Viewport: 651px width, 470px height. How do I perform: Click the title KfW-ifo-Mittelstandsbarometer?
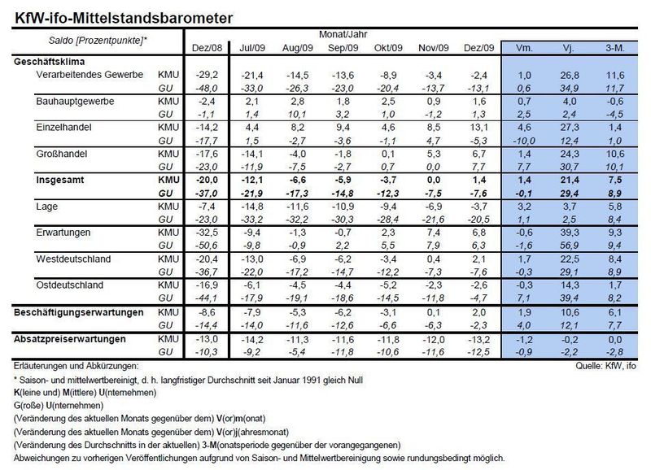pyautogui.click(x=124, y=18)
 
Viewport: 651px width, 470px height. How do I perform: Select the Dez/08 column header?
pyautogui.click(x=207, y=48)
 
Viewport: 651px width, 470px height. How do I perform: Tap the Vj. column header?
pyautogui.click(x=568, y=48)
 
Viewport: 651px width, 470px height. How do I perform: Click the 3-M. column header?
pyautogui.click(x=615, y=48)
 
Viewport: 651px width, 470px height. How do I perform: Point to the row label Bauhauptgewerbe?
pyautogui.click(x=75, y=102)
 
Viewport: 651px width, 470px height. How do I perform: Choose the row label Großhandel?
pyautogui.click(x=62, y=154)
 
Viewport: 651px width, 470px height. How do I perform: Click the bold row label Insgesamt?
pyautogui.click(x=59, y=180)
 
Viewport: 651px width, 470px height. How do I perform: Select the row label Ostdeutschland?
pyautogui.click(x=69, y=285)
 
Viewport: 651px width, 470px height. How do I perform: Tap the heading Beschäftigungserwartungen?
pyautogui.click(x=78, y=312)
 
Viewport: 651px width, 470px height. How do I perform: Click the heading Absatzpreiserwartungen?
pyautogui.click(x=69, y=339)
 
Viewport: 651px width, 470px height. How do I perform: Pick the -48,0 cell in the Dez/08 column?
pyautogui.click(x=207, y=89)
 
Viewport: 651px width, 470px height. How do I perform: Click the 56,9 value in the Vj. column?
pyautogui.click(x=569, y=246)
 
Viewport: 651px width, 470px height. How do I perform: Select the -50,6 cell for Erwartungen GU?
pyautogui.click(x=207, y=246)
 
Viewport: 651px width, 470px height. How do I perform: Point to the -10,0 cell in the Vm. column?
pyautogui.click(x=524, y=141)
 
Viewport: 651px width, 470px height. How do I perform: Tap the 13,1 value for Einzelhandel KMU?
pyautogui.click(x=478, y=128)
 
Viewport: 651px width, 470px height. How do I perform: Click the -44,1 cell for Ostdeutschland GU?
pyautogui.click(x=207, y=298)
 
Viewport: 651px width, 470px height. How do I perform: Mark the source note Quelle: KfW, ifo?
pyautogui.click(x=605, y=366)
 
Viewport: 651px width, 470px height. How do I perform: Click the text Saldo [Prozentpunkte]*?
pyautogui.click(x=98, y=41)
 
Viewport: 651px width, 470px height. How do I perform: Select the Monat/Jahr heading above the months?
pyautogui.click(x=343, y=34)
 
